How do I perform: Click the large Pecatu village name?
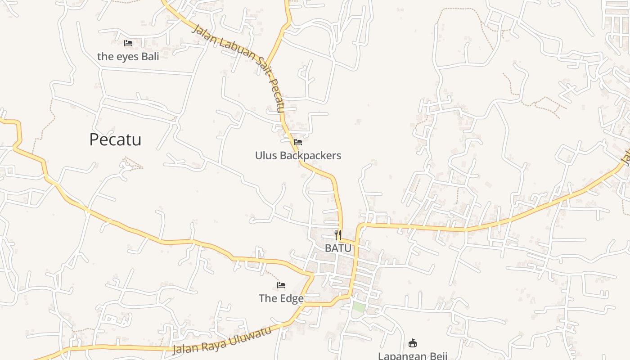(115, 139)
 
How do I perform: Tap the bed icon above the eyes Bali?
(128, 43)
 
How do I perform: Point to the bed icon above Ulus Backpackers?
(297, 142)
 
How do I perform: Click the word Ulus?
(266, 156)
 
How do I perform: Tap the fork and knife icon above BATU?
(338, 234)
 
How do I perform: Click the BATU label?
(338, 248)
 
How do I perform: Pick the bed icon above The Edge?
(281, 285)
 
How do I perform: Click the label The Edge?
(281, 298)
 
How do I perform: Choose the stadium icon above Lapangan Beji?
(412, 343)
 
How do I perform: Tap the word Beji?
(436, 356)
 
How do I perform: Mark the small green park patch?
(359, 307)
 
